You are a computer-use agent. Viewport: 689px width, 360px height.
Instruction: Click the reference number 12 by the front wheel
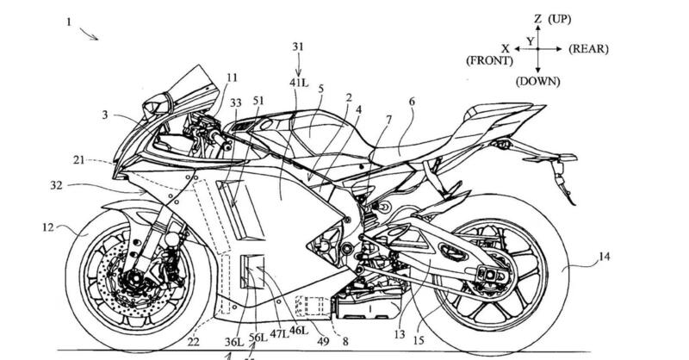tap(47, 228)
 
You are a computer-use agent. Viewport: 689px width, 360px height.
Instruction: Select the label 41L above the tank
tap(299, 83)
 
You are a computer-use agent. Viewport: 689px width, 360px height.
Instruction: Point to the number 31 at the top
tap(299, 47)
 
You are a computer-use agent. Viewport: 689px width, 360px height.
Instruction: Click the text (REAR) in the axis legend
tap(588, 50)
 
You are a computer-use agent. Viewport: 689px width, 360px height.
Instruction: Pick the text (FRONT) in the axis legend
tap(488, 61)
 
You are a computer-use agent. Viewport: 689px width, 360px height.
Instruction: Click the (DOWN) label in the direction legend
tap(537, 82)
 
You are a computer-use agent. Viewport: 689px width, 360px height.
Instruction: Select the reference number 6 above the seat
tap(411, 101)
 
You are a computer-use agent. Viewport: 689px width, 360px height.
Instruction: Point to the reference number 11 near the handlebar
tap(232, 78)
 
